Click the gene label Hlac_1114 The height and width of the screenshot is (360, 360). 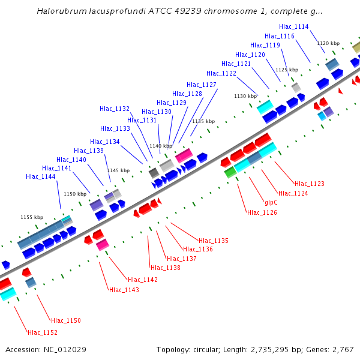click(x=294, y=26)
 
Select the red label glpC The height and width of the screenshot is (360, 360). click(x=271, y=202)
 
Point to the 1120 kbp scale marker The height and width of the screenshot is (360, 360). click(x=328, y=43)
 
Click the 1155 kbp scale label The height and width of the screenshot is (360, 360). click(x=32, y=217)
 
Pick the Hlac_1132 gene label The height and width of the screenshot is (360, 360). click(x=115, y=109)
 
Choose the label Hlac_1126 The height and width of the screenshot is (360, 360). click(x=262, y=212)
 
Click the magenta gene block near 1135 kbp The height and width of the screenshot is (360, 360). click(x=184, y=155)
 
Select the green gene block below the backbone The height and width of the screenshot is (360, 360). click(x=230, y=172)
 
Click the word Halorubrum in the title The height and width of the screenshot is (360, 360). click(x=62, y=11)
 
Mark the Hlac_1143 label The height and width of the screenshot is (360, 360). click(x=124, y=290)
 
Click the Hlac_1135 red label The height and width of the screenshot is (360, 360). click(x=214, y=241)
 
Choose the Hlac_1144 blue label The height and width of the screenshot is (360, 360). click(x=41, y=176)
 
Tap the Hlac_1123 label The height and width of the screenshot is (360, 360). click(x=310, y=184)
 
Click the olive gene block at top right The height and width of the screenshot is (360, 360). click(x=356, y=47)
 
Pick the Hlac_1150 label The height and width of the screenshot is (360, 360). click(x=66, y=320)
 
